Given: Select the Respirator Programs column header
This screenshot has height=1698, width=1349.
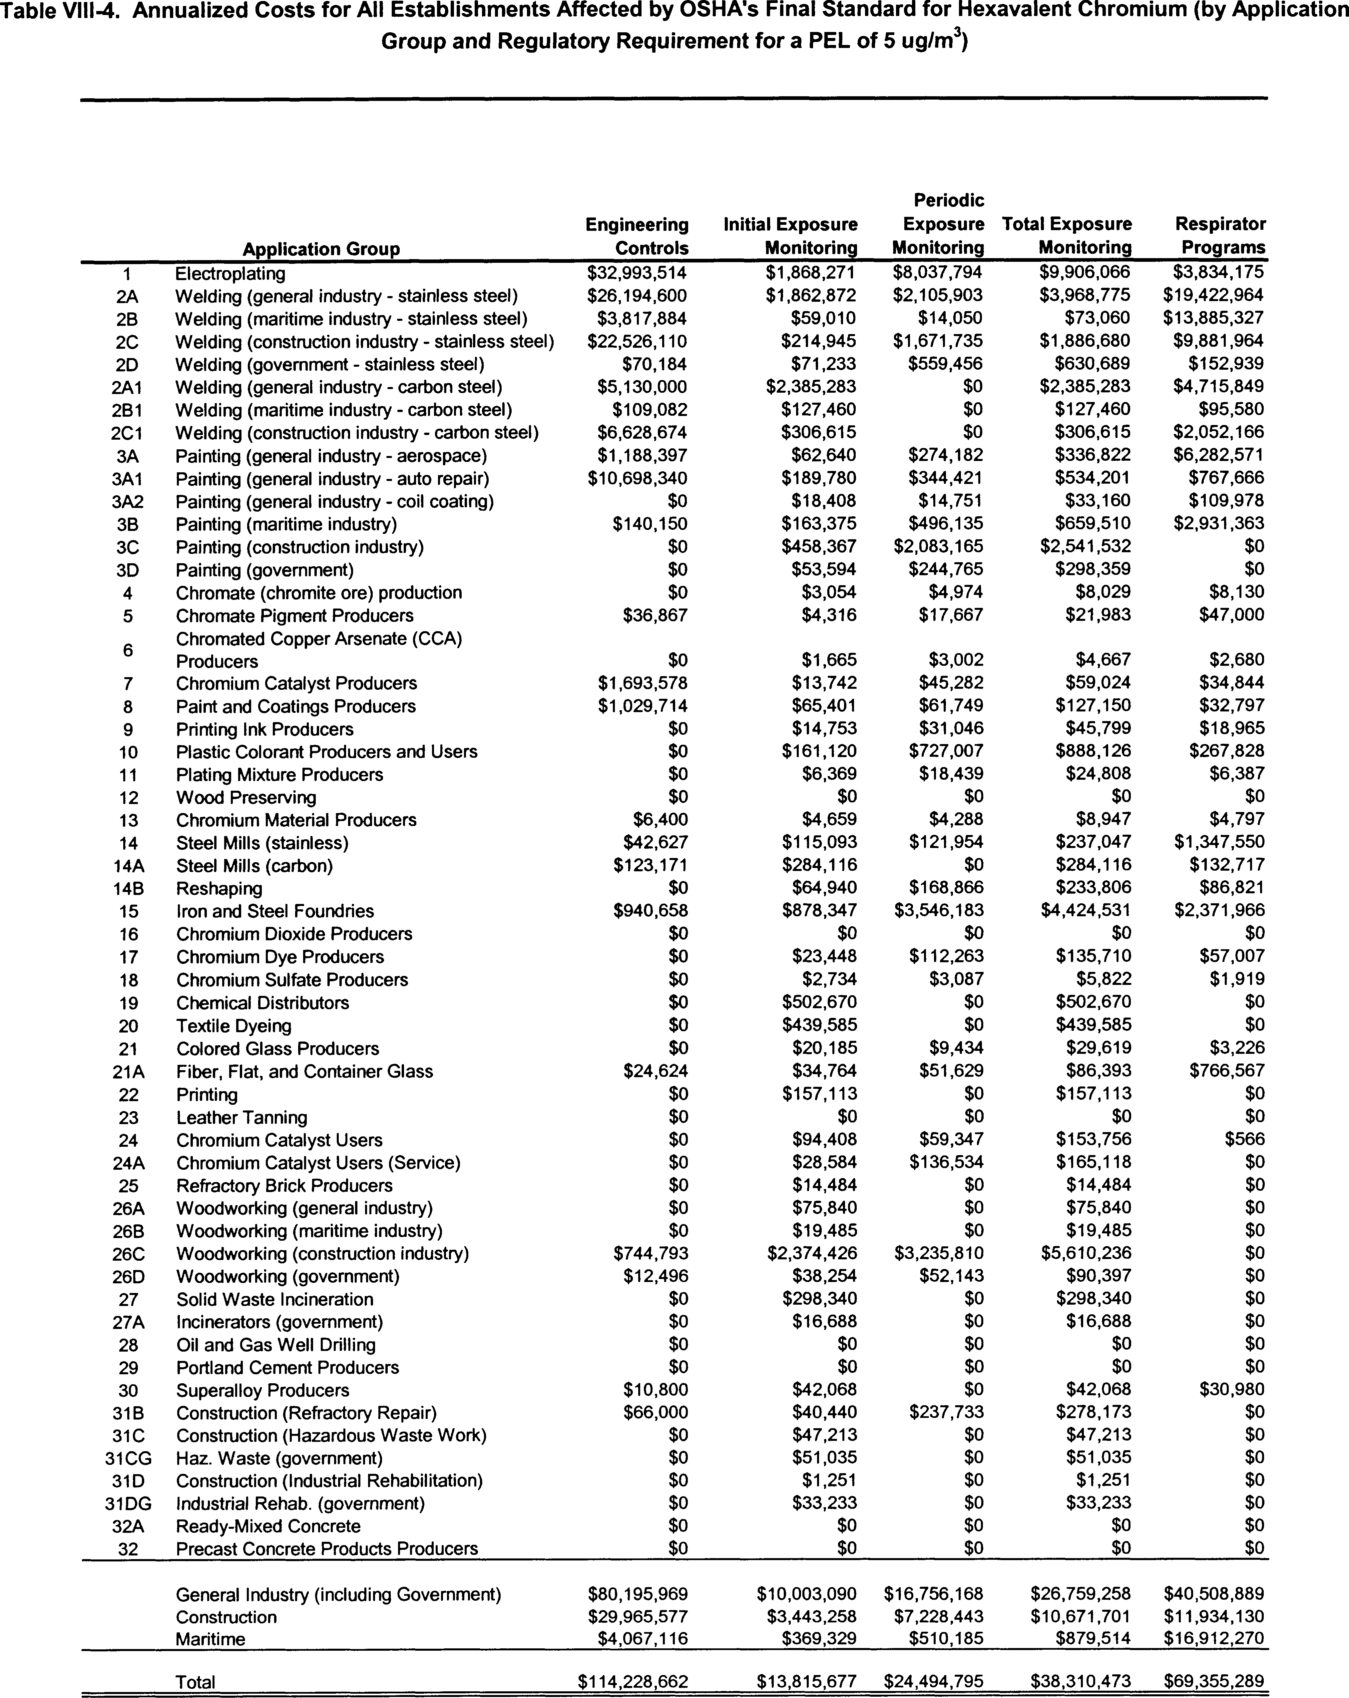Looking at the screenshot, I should coord(1221,236).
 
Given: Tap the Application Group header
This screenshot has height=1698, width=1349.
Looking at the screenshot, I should coord(321,249).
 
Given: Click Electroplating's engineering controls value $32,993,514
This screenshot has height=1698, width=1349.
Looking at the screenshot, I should coord(637,272).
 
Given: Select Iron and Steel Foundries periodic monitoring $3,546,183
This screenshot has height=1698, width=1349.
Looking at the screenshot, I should coord(938,910).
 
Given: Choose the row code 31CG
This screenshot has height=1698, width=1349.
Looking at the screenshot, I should coord(128,1458).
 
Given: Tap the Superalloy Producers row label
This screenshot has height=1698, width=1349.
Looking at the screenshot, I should coord(262,1390).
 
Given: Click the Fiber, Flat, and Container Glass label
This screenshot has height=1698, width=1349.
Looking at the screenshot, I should coord(304,1071).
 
